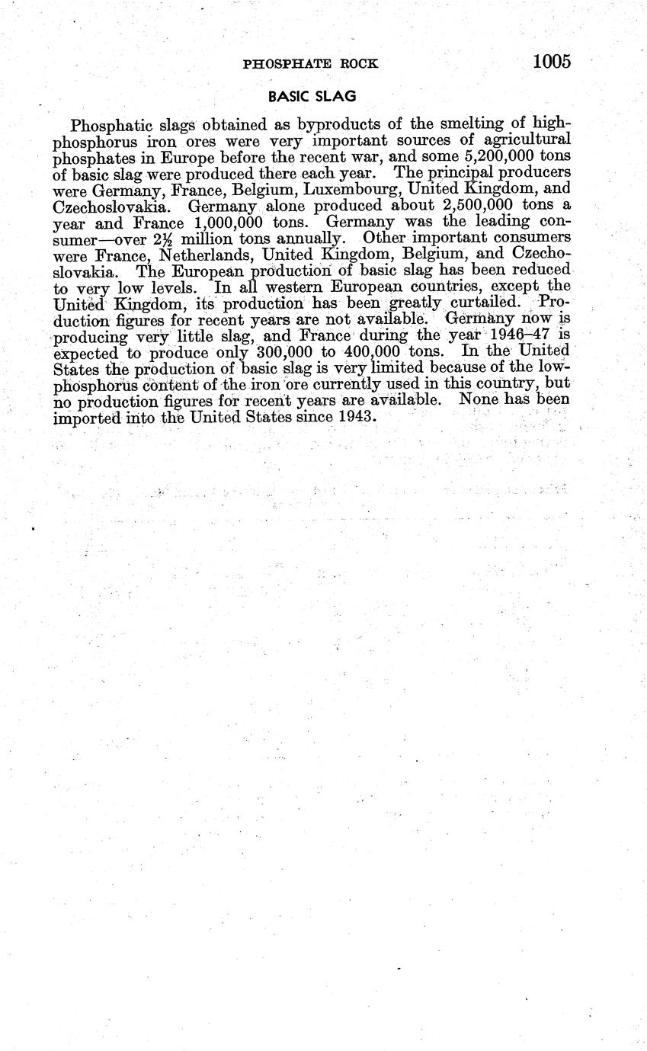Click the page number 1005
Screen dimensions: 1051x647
click(x=552, y=62)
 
